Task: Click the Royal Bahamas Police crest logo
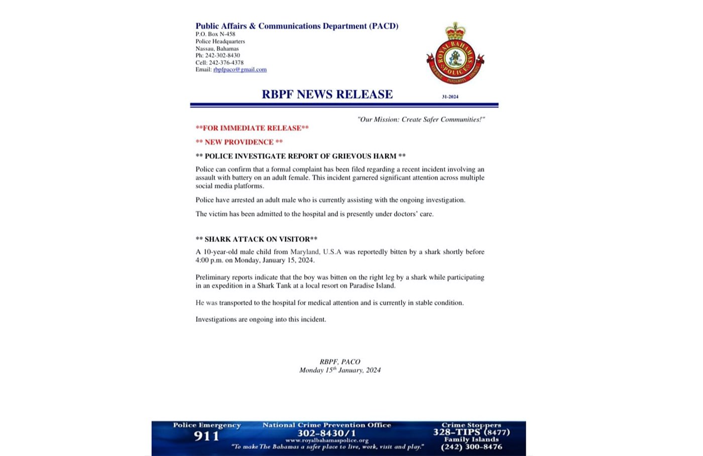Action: pyautogui.click(x=455, y=54)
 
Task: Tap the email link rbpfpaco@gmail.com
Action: pyautogui.click(x=240, y=70)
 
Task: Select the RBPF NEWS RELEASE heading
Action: pyautogui.click(x=327, y=94)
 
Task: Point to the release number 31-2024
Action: pyautogui.click(x=450, y=96)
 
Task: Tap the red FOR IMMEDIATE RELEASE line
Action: pyautogui.click(x=252, y=128)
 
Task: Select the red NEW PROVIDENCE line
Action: pyautogui.click(x=239, y=142)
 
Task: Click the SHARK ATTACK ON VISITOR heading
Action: pyautogui.click(x=257, y=239)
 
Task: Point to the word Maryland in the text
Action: pyautogui.click(x=304, y=252)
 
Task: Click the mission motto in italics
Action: pyautogui.click(x=421, y=119)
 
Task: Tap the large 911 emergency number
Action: pyautogui.click(x=207, y=436)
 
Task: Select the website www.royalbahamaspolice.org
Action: pyautogui.click(x=327, y=440)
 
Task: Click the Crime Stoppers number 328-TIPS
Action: pyautogui.click(x=471, y=432)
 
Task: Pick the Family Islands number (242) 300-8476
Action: pyautogui.click(x=472, y=447)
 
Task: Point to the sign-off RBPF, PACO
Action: pyautogui.click(x=340, y=362)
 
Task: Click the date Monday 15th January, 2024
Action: pyautogui.click(x=340, y=370)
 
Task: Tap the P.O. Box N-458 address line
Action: pyautogui.click(x=215, y=35)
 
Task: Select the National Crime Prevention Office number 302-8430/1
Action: pyautogui.click(x=327, y=433)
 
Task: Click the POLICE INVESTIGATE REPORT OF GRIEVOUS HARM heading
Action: pyautogui.click(x=300, y=156)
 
